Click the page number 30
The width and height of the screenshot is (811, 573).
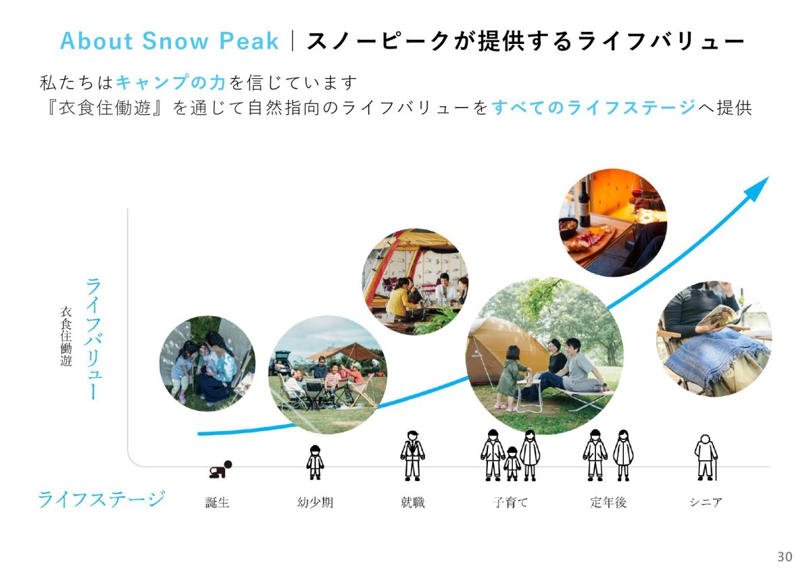785,556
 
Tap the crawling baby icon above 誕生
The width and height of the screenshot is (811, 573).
220,470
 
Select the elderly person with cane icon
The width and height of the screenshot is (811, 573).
706,457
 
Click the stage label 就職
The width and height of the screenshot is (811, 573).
412,503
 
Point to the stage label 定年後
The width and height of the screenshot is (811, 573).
608,503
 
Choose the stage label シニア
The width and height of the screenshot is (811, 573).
706,503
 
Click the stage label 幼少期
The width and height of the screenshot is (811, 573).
315,503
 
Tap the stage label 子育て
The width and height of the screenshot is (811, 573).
510,503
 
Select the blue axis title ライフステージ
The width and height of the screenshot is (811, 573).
102,499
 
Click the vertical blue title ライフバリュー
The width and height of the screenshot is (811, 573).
93,339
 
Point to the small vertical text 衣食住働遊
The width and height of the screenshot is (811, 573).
66,337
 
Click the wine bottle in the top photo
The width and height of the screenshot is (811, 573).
584,205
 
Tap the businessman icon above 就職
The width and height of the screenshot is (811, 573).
412,455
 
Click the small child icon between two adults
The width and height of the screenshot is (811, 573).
512,464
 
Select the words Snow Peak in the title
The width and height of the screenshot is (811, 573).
210,41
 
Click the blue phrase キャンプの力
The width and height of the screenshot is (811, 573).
171,82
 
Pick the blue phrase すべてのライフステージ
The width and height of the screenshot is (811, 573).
594,107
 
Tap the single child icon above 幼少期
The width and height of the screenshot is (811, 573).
315,462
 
